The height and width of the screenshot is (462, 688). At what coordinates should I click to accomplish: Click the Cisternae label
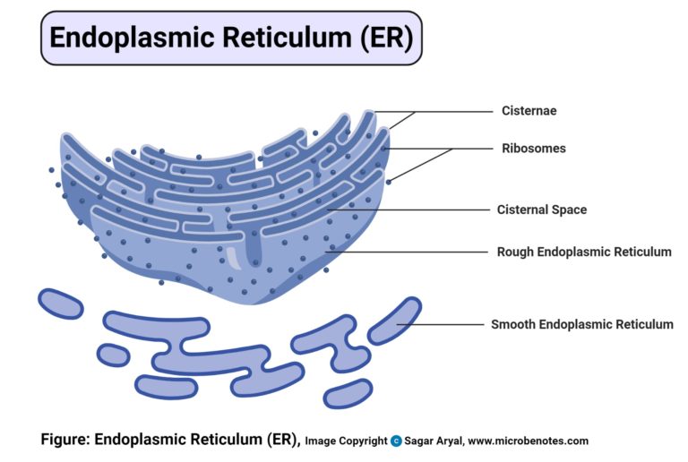point(529,111)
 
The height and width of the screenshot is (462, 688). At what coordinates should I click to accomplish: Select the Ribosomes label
point(533,148)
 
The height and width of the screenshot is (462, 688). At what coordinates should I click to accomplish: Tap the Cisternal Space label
point(542,210)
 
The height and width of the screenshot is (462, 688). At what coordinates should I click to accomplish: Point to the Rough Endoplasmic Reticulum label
point(584,252)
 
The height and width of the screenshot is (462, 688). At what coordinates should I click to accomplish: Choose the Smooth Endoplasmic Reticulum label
point(581,324)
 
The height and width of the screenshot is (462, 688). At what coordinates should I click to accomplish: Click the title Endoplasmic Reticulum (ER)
point(230,38)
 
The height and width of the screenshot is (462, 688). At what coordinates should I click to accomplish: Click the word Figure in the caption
point(64,440)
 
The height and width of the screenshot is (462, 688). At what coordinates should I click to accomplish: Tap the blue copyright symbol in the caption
point(396,441)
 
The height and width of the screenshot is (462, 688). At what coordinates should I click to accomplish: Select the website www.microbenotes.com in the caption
point(528,441)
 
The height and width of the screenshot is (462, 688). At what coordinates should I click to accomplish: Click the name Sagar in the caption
point(419,441)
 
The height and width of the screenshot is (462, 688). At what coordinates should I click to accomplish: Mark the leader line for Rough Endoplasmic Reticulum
point(408,252)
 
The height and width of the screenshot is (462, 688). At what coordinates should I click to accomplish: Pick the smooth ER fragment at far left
point(60,304)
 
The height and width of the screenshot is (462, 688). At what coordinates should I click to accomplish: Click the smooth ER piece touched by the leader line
point(394,321)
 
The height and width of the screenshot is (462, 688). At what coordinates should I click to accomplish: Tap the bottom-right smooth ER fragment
point(348,393)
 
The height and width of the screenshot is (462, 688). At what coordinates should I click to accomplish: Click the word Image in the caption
point(320,441)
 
